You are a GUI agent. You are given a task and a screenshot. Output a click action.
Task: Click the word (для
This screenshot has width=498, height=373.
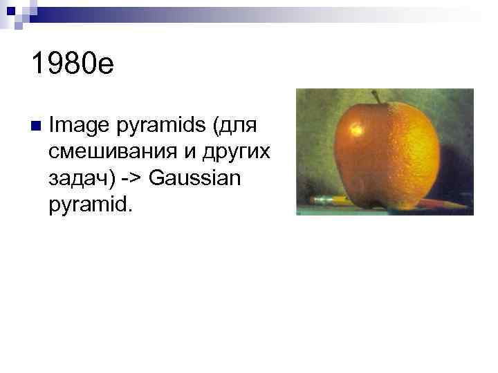(x=237, y=128)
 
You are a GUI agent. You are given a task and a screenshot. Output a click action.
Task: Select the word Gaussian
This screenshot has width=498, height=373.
(x=194, y=178)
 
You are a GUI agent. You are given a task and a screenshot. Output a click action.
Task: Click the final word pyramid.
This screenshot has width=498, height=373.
(x=89, y=204)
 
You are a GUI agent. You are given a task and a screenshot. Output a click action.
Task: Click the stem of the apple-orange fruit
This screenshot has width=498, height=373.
(x=376, y=97)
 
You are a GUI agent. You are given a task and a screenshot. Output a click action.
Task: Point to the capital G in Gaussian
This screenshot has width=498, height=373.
(x=156, y=178)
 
